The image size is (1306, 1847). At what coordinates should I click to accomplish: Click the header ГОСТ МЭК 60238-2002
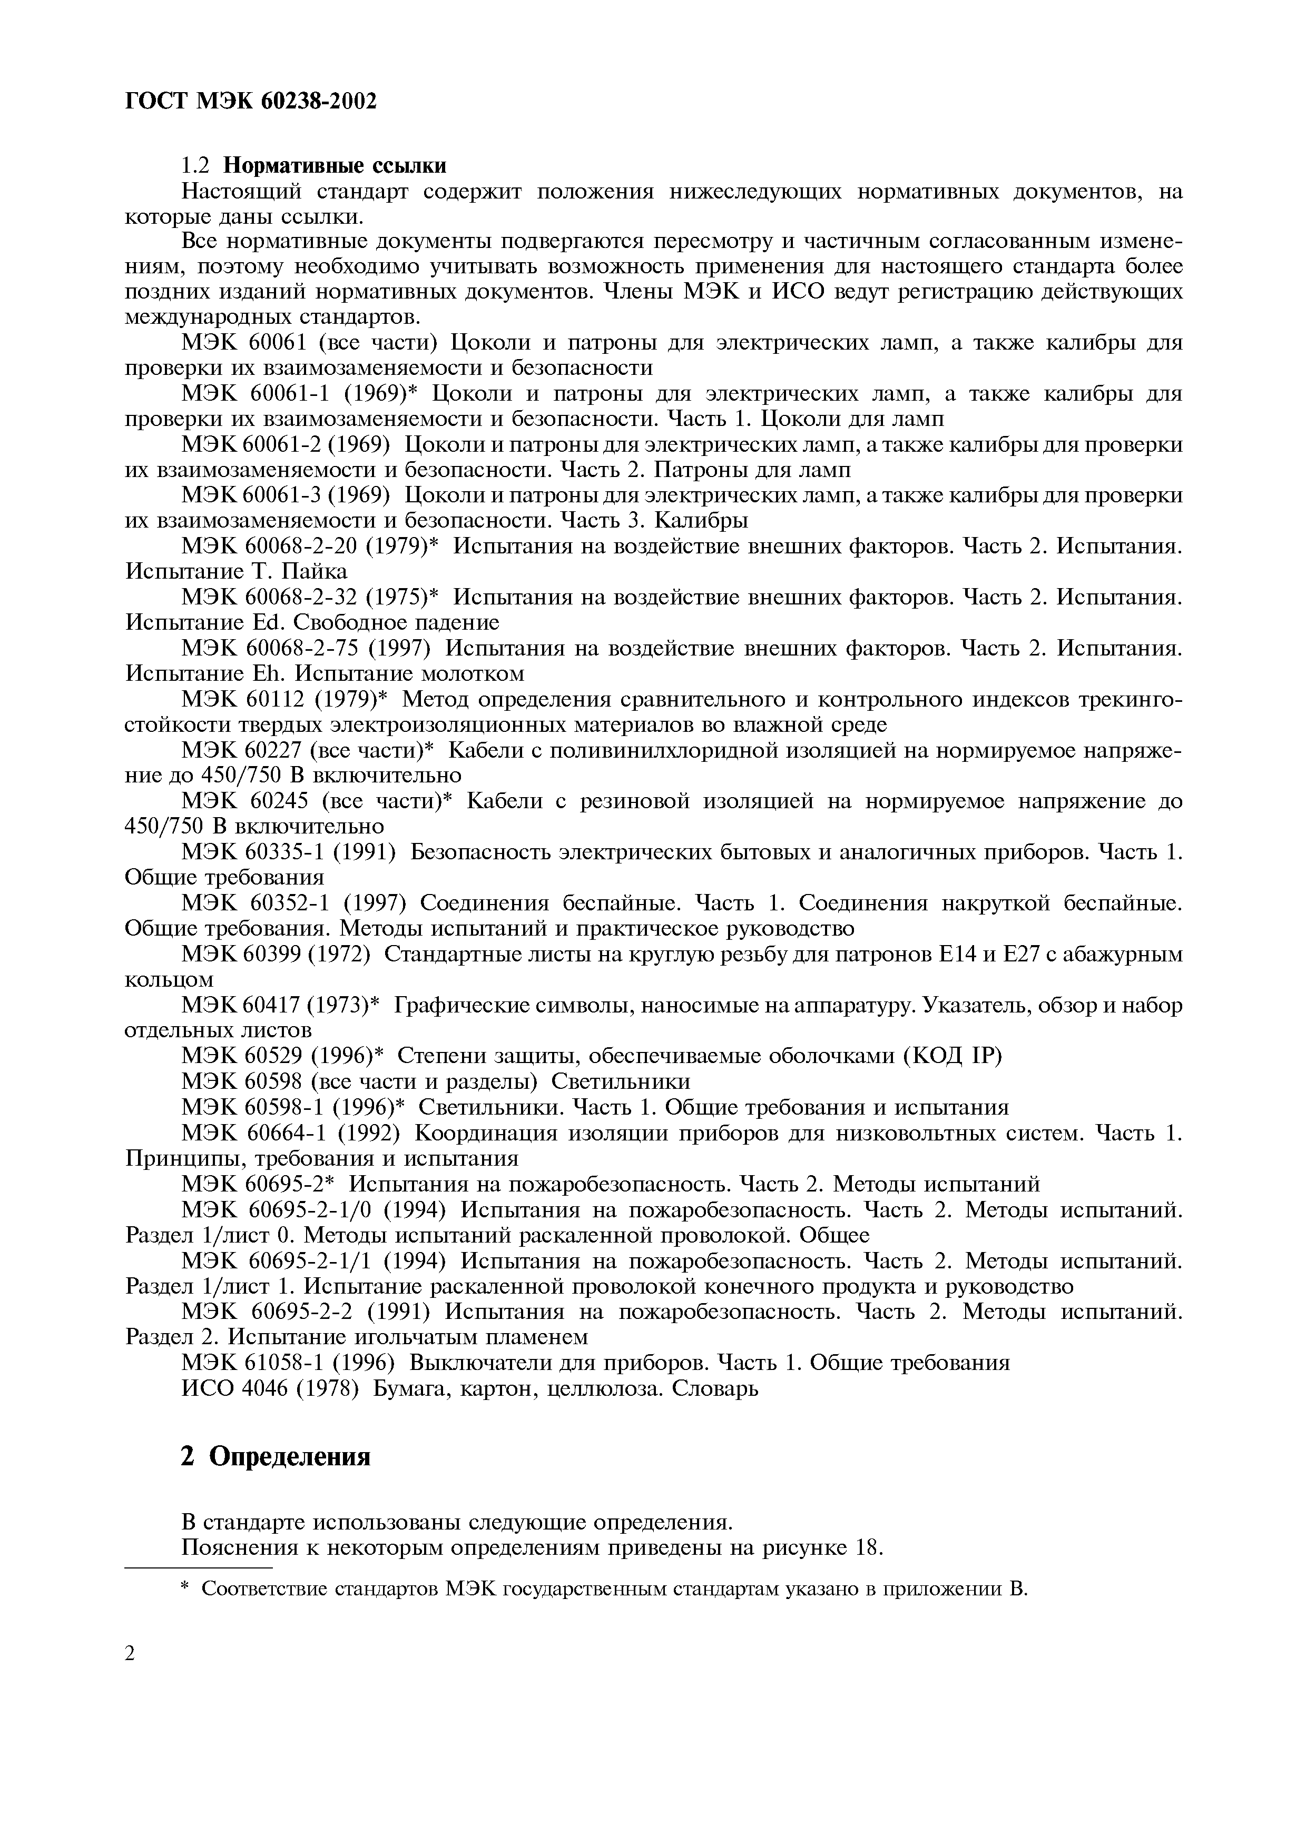point(251,101)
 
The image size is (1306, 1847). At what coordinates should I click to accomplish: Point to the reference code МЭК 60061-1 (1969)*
point(302,394)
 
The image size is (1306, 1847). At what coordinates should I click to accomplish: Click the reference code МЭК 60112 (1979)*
point(286,698)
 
